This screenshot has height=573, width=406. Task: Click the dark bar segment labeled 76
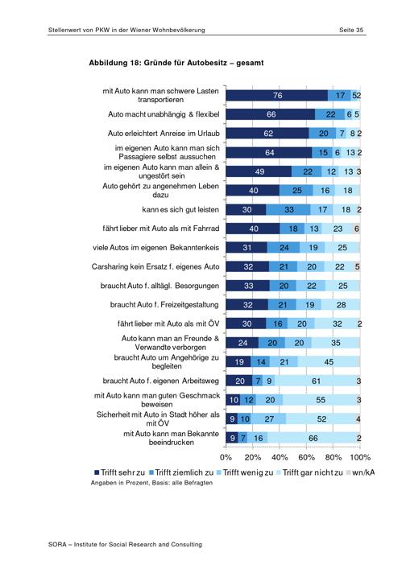tap(276, 96)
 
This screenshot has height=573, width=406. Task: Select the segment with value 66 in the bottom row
tap(313, 438)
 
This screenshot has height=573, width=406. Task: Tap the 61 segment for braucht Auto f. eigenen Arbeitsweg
tap(315, 381)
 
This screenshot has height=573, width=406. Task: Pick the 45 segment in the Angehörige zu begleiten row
tap(329, 362)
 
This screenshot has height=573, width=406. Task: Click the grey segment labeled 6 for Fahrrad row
tap(356, 229)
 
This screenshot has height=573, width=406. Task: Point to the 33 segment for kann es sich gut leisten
tap(288, 210)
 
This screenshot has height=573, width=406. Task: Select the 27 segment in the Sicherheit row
tap(268, 418)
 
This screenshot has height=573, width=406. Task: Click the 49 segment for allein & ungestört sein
tap(259, 171)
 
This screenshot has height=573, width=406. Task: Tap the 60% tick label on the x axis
tap(306, 457)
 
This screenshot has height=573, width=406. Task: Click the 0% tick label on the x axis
tap(226, 457)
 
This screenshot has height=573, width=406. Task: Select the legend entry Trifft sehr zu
tap(120, 472)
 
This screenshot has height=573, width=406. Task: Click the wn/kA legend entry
tap(360, 472)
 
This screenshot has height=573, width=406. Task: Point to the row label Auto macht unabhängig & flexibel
tap(164, 114)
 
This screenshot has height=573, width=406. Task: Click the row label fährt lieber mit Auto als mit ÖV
tap(168, 324)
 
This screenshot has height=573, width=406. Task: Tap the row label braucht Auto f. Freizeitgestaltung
tap(164, 305)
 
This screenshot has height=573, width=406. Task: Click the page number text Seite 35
tap(351, 30)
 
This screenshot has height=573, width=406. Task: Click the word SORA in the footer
tap(57, 545)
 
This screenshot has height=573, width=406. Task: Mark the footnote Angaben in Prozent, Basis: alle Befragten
tap(151, 483)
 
